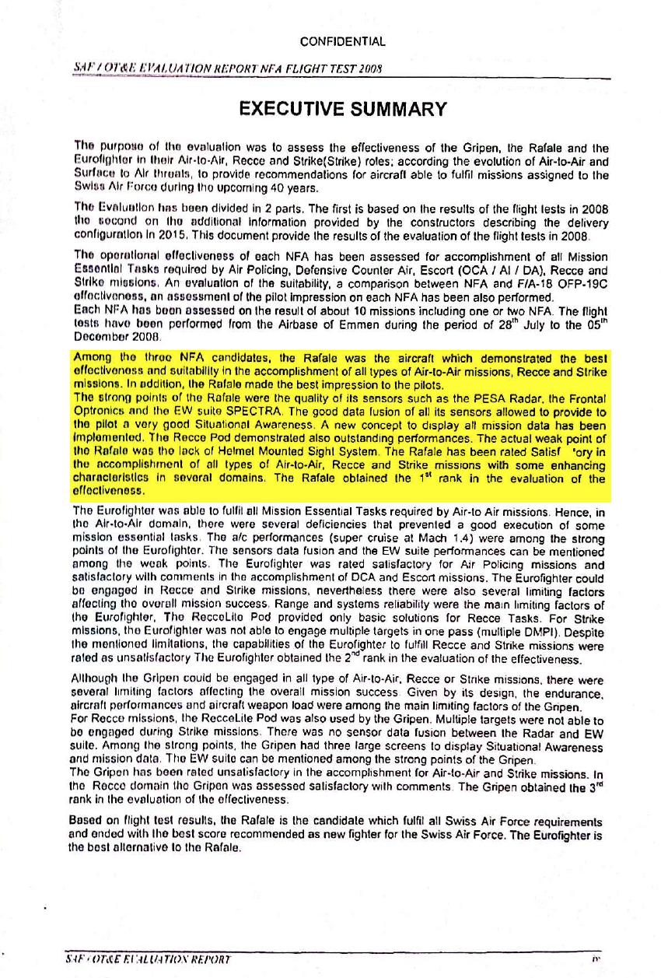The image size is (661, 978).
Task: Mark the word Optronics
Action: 99,410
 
